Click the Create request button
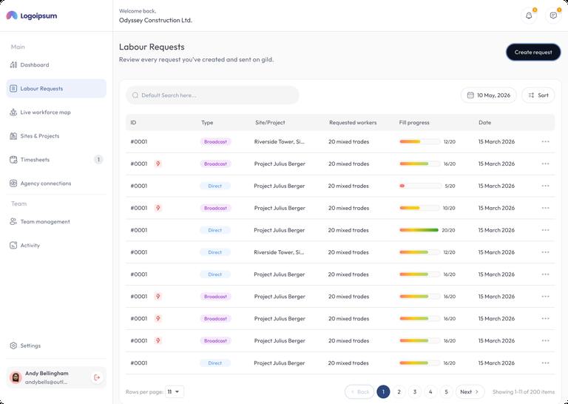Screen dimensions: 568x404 click(532, 53)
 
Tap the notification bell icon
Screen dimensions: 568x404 click(529, 16)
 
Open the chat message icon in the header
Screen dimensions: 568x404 click(553, 16)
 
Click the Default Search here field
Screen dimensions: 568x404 click(212, 95)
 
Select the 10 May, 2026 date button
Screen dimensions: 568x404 click(488, 95)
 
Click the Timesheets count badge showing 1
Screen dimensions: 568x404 click(98, 159)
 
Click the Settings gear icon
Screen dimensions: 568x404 click(13, 346)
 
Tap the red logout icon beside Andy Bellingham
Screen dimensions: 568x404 click(97, 377)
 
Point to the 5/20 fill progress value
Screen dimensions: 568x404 click(450, 186)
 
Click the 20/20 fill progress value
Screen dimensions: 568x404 click(448, 230)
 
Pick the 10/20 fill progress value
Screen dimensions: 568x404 click(449, 208)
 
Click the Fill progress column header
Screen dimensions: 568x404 click(414, 123)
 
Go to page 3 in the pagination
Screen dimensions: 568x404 click(415, 391)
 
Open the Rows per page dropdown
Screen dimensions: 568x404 click(175, 391)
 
